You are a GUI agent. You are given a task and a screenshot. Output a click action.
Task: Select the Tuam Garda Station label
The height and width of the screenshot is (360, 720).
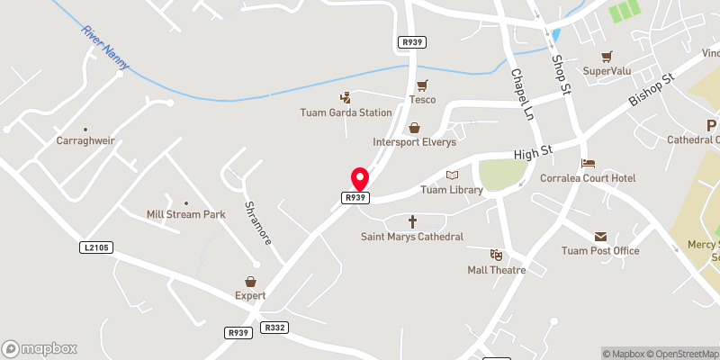tap(346, 112)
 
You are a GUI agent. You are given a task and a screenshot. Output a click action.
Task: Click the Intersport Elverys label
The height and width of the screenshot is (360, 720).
tap(415, 142)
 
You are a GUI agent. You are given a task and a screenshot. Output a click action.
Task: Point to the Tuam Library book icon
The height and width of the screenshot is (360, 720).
tap(452, 175)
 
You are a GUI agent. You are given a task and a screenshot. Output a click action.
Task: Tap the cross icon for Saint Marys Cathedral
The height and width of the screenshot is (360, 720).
tap(413, 220)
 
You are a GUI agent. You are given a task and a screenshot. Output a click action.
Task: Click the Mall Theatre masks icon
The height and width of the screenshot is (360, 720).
tap(495, 255)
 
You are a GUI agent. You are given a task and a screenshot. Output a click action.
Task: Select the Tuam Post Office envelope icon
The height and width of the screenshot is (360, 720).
tap(599, 236)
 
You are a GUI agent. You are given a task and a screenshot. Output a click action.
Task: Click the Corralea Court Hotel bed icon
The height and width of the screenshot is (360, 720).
tap(588, 164)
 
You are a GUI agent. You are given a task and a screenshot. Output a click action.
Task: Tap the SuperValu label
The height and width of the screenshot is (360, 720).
tap(607, 70)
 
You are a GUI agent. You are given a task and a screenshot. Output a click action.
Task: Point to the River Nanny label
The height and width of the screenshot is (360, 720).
tap(105, 47)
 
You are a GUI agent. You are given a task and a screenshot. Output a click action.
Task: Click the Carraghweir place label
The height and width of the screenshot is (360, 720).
tap(85, 142)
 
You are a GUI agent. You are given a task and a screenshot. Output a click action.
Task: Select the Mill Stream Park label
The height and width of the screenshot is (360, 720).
tap(185, 215)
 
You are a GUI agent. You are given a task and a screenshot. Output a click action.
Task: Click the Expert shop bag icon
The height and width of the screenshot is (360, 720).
tap(251, 283)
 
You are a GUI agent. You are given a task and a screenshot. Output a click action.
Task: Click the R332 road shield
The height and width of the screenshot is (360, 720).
tap(274, 328)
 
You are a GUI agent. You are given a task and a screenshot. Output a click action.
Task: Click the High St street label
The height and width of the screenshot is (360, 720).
tap(530, 155)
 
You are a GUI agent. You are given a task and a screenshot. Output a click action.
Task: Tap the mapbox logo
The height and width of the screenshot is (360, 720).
tap(40, 348)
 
